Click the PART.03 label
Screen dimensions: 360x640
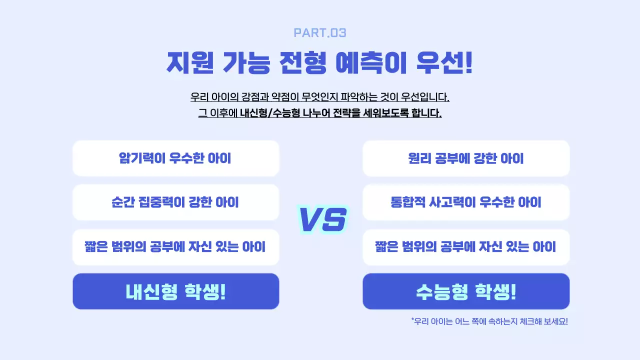pos(320,33)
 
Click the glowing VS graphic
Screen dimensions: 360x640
pos(322,219)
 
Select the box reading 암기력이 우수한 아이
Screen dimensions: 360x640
pos(175,158)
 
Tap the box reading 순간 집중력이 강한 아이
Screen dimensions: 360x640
pos(175,202)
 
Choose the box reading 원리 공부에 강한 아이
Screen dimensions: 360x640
pos(466,158)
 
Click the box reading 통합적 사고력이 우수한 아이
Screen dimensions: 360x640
pos(466,202)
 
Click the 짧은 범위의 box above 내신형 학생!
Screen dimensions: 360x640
pos(175,247)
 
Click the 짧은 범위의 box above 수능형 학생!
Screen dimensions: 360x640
pos(466,247)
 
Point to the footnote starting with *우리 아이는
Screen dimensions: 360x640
pos(489,321)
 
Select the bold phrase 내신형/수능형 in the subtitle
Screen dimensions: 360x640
pos(269,113)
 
